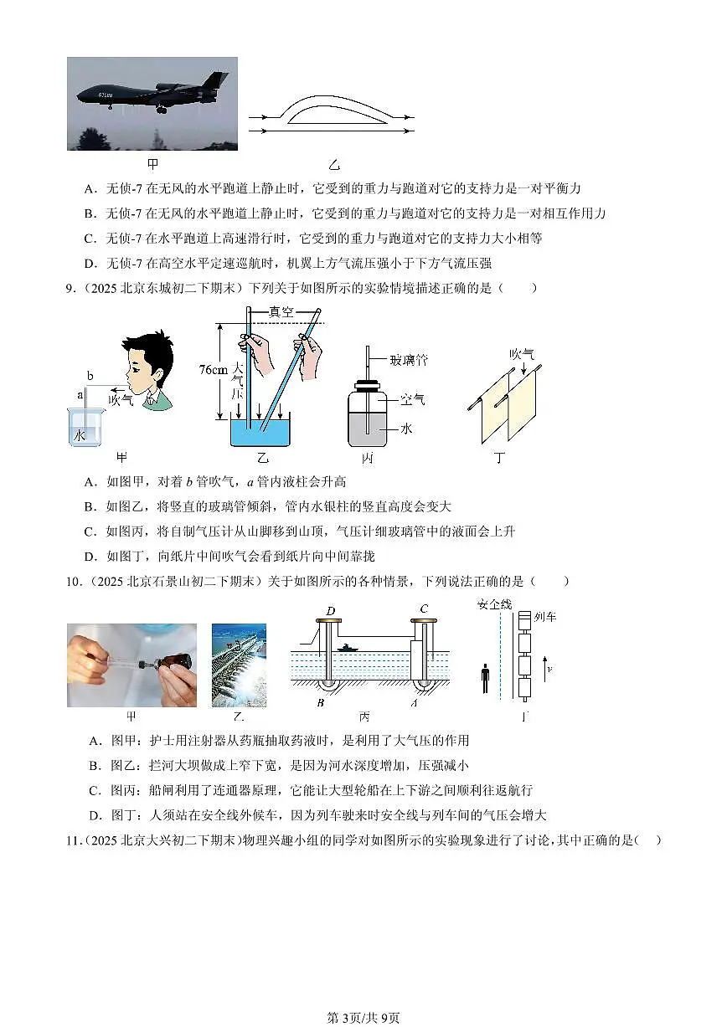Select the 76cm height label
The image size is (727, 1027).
pos(215,370)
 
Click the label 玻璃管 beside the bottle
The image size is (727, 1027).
pos(409,360)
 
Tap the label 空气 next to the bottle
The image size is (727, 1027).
pos(413,399)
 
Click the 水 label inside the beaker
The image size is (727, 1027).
pos(80,435)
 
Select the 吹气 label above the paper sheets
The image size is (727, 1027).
pos(522,353)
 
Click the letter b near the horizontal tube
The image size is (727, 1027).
pos(89,376)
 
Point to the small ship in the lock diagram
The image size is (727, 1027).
pos(347,647)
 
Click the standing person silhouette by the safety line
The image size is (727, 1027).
pos(486,679)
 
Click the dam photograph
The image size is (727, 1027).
pos(239,665)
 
